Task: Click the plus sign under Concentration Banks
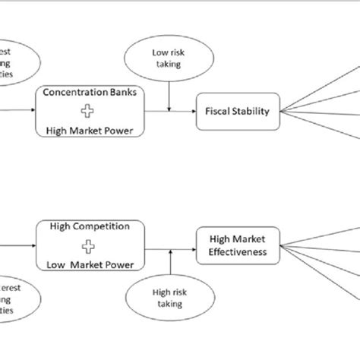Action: coord(88,111)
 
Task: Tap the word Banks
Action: coord(118,94)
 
